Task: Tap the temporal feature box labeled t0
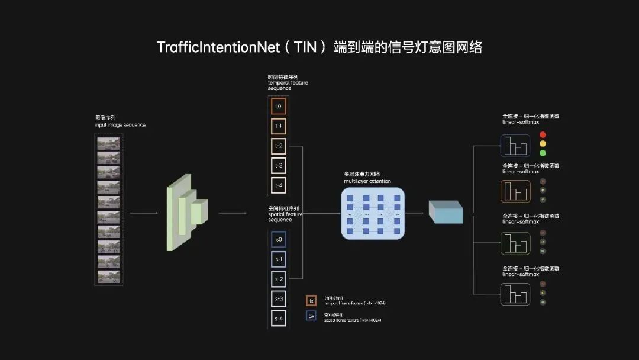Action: tap(279, 107)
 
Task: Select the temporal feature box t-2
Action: tap(279, 146)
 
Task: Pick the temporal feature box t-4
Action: tap(279, 185)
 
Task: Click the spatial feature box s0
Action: tap(279, 240)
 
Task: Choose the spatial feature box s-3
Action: tap(279, 299)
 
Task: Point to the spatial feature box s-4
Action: tap(279, 319)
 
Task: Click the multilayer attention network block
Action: tap(373, 213)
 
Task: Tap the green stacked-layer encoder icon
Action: tap(186, 212)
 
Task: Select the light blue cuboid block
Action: tap(446, 212)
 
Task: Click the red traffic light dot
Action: tap(543, 135)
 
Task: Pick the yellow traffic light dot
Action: tap(543, 144)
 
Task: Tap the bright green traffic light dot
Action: tap(543, 153)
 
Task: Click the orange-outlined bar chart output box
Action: tap(515, 191)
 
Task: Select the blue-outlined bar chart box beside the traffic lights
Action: tap(515, 145)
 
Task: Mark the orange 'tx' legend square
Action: tap(311, 301)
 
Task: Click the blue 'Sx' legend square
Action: tap(311, 316)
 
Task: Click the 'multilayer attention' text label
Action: tap(367, 181)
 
